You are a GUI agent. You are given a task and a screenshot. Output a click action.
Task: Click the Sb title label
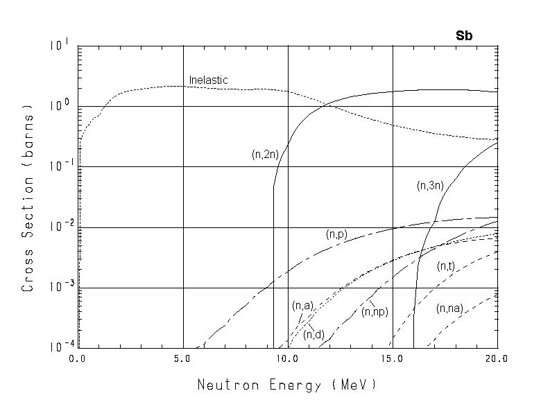[x=464, y=37]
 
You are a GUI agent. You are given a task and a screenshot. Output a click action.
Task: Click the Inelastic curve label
[x=208, y=80]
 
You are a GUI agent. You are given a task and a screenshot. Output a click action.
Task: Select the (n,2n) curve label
[x=265, y=155]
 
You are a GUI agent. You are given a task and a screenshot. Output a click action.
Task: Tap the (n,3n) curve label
[x=430, y=186]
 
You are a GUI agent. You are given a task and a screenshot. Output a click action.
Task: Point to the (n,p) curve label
[x=336, y=235]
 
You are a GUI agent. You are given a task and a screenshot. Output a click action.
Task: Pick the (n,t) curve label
[x=445, y=266]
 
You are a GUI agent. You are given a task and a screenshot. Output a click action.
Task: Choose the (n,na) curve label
[x=449, y=309]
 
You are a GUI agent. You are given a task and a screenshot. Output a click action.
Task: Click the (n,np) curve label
[x=375, y=312]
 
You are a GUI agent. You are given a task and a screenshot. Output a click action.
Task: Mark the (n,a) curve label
[x=302, y=306]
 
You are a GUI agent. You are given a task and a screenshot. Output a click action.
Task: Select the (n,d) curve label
[x=314, y=335]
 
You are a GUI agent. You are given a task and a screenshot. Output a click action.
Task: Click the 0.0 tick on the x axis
[x=78, y=359]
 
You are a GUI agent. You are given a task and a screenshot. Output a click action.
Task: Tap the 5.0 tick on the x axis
[x=183, y=359]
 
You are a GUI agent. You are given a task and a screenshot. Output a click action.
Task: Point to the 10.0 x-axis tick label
[x=287, y=359]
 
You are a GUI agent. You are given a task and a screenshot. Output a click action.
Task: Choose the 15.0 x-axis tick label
[x=392, y=359]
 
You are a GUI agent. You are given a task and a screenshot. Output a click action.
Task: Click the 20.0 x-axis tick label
[x=497, y=359]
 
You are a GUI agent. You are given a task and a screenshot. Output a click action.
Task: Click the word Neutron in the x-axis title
[x=224, y=384]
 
